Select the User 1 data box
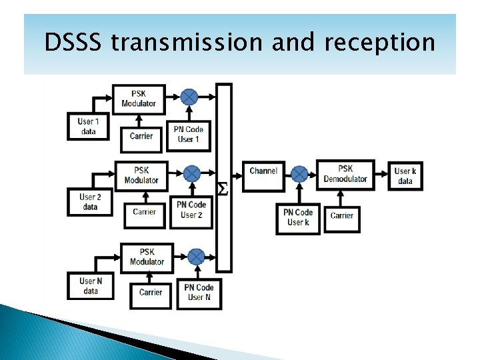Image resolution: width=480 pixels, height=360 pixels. coord(87,126)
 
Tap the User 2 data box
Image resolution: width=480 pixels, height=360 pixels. coord(90,201)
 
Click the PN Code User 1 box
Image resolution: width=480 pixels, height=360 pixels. coord(189,134)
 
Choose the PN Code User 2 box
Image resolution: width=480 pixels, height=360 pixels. coord(192,210)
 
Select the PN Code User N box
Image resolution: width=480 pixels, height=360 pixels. coord(199,292)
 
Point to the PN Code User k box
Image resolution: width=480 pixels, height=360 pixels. coord(298,217)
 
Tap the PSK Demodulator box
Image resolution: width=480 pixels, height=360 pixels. coord(345,174)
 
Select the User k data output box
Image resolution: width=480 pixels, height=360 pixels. coord(404,176)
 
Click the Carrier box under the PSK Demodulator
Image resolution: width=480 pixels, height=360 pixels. coord(342,216)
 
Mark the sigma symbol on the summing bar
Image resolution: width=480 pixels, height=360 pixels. coord(223,190)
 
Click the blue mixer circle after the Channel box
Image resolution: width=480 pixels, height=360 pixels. coord(299,174)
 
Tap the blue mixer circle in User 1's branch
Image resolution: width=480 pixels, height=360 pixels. coord(189,96)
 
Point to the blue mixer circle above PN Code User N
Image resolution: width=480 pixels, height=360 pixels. coord(195,256)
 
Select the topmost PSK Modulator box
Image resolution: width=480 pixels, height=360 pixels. coord(139,99)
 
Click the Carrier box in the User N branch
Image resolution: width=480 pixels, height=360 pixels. coord(151,292)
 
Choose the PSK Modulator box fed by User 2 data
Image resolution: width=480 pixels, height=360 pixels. coord(141,175)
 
